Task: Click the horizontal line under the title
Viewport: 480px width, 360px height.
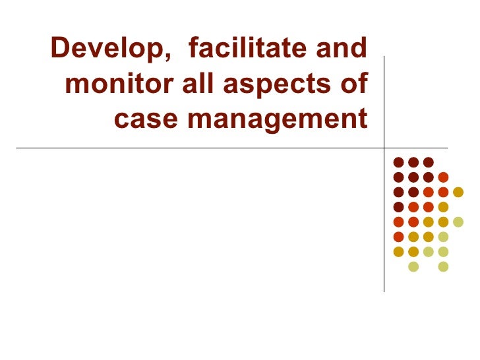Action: point(198,148)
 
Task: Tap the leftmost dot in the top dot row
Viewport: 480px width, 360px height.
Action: point(398,162)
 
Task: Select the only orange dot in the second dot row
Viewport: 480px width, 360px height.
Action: point(443,177)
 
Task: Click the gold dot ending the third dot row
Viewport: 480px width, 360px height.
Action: point(458,192)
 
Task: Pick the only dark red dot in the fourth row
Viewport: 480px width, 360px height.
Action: point(398,206)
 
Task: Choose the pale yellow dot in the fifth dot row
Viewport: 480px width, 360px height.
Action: point(458,222)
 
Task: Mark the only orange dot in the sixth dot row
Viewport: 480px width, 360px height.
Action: point(398,237)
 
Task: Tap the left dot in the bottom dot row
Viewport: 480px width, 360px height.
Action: point(413,266)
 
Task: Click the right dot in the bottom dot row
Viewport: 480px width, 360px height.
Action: point(443,266)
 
